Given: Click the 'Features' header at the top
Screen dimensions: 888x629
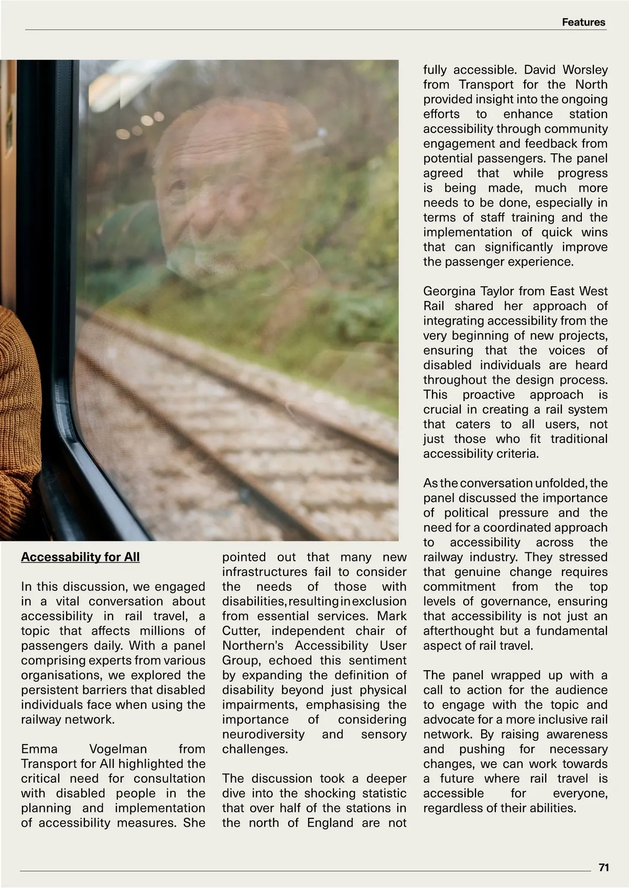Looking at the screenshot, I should coord(583,22).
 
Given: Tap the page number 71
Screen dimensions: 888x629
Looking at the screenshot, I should coord(603,868).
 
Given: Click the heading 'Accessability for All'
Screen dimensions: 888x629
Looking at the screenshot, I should coord(80,557).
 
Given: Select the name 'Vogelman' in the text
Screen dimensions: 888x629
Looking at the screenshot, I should coord(118,749).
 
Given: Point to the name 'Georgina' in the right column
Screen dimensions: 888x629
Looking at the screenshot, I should coord(450,291).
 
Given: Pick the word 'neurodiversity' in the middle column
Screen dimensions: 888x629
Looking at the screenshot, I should coord(263,734).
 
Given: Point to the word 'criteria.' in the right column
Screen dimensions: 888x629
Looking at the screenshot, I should coord(517,453).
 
